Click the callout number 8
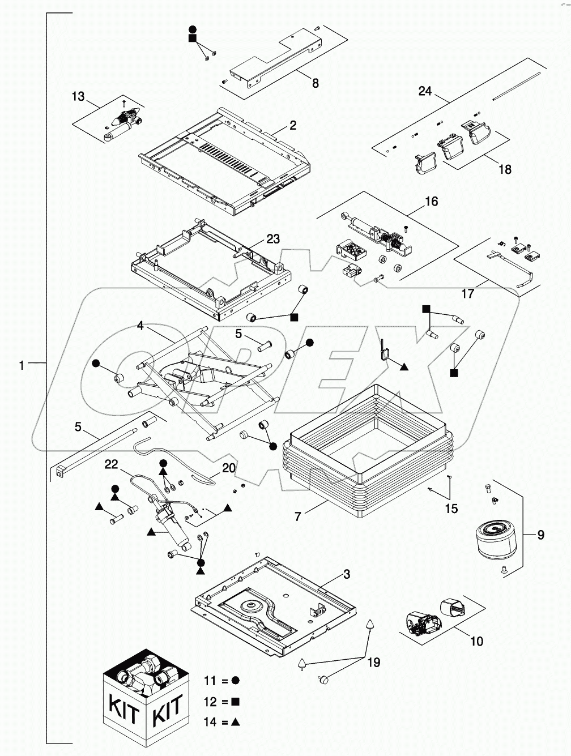tap(316, 83)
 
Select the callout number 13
tap(78, 96)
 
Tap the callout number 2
tap(293, 126)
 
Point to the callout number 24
tap(425, 91)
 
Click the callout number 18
tap(504, 169)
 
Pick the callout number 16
tap(431, 202)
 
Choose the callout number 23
tap(273, 239)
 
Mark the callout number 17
tap(468, 294)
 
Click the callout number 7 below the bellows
tap(298, 516)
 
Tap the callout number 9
tap(541, 535)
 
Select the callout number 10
tap(477, 641)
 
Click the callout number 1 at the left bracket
tap(22, 366)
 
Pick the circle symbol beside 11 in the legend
tap(235, 680)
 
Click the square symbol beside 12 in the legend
tap(235, 702)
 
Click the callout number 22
tap(111, 464)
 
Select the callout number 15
tap(451, 509)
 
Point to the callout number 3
tap(347, 575)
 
